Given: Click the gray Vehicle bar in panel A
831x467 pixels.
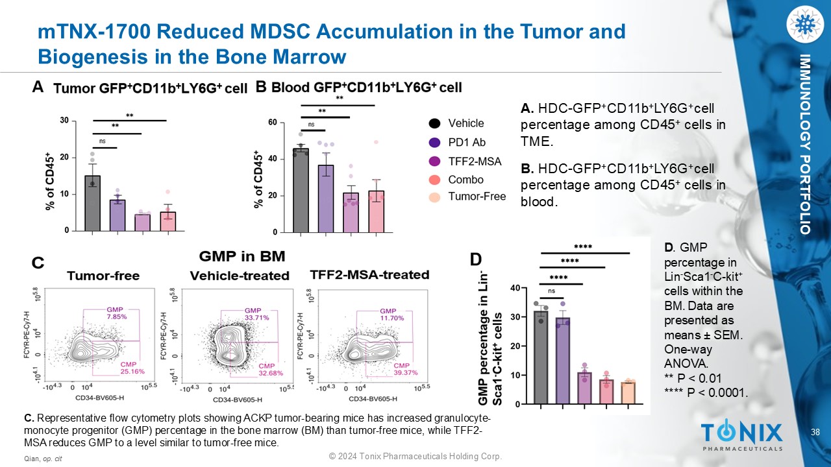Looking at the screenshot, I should point(92,203).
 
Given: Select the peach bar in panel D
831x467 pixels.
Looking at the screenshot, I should point(628,393).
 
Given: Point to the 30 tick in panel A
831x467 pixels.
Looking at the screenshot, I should point(64,121).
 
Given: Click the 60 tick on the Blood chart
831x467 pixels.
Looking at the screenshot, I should point(272,123).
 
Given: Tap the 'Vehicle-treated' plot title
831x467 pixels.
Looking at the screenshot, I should point(240,276).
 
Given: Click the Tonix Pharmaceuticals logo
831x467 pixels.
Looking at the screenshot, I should point(741,435).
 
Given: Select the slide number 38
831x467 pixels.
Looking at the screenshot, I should point(815,432).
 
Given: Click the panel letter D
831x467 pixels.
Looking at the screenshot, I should point(476,259).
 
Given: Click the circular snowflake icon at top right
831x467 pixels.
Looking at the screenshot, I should point(804,24).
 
